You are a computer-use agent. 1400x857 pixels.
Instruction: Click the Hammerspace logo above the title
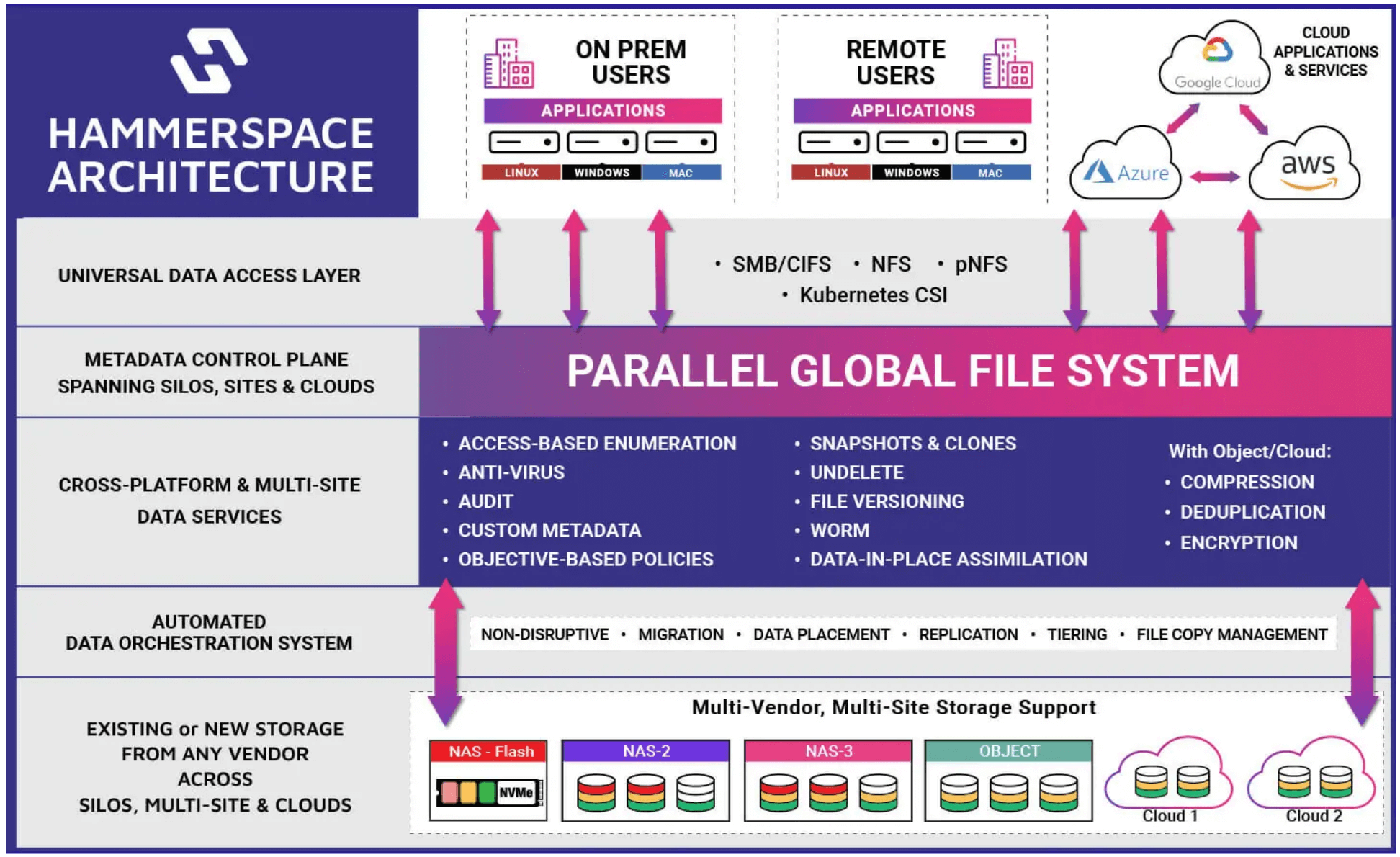coord(209,60)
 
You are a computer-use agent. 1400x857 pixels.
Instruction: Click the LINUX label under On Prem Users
coord(521,173)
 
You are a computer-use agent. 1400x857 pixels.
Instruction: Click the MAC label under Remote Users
coord(990,173)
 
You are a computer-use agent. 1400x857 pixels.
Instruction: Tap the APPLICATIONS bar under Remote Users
coord(912,111)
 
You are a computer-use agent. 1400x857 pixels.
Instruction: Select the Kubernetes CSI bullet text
coord(873,295)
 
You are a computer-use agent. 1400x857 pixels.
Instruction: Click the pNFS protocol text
coord(980,264)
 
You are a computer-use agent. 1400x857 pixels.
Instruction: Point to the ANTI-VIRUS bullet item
coord(511,472)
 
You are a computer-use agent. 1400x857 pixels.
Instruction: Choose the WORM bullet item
coord(839,531)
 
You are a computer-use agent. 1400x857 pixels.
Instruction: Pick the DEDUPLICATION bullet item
coord(1252,512)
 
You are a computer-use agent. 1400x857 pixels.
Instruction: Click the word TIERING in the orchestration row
coord(1077,634)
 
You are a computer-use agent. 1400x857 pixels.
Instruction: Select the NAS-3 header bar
coord(828,751)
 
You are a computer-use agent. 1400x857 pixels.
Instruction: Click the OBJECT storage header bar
coord(1008,751)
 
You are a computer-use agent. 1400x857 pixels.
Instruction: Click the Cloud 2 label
coord(1314,816)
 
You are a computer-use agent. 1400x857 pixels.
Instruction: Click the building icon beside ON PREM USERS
coord(508,64)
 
